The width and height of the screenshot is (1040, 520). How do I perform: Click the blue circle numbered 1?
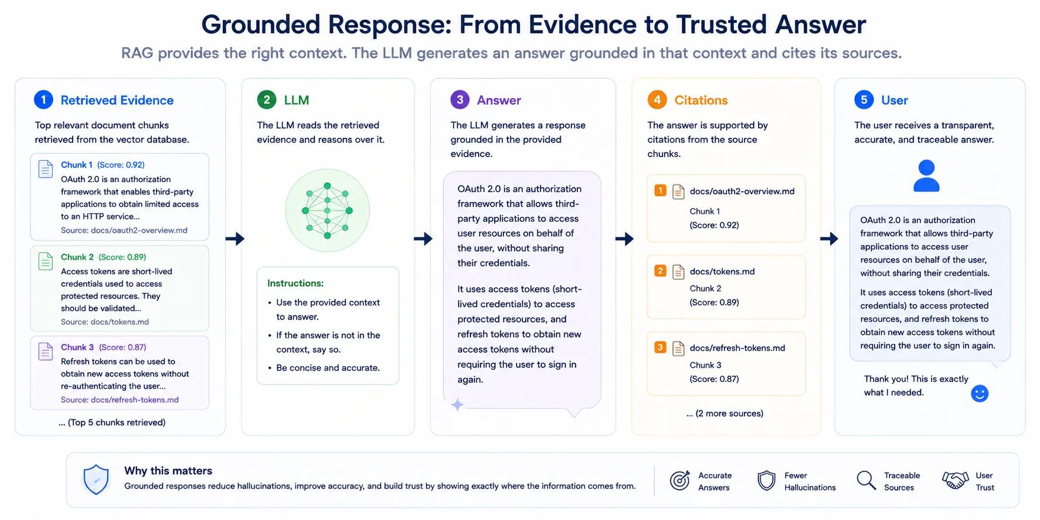[x=43, y=100]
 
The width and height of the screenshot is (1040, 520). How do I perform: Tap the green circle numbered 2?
[x=267, y=100]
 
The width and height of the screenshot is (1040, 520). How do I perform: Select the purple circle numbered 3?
[x=460, y=100]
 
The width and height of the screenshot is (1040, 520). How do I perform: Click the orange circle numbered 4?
[x=657, y=100]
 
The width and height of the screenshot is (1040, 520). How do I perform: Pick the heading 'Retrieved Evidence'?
[x=117, y=100]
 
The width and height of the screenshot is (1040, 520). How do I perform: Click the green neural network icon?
[x=327, y=210]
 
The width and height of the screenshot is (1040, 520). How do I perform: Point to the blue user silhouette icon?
[x=926, y=176]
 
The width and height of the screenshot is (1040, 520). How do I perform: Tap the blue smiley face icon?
[x=980, y=393]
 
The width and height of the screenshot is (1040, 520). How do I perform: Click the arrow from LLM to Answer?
[x=423, y=239]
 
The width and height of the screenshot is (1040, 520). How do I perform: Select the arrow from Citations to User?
[x=830, y=239]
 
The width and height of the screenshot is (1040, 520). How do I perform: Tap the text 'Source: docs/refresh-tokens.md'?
[x=120, y=400]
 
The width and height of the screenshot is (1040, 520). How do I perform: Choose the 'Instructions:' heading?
[x=295, y=283]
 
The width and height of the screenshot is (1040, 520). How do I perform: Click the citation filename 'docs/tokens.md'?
[x=722, y=271]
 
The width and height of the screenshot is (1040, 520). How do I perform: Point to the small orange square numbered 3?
[x=660, y=347]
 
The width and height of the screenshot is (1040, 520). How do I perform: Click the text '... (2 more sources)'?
[x=725, y=413]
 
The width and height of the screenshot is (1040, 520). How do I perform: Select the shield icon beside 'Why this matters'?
[x=96, y=480]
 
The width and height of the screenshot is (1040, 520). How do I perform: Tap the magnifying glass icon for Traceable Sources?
[x=866, y=480]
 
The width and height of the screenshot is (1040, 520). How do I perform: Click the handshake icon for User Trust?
[x=955, y=480]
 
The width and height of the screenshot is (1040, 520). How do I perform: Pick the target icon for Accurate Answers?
[x=679, y=480]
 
